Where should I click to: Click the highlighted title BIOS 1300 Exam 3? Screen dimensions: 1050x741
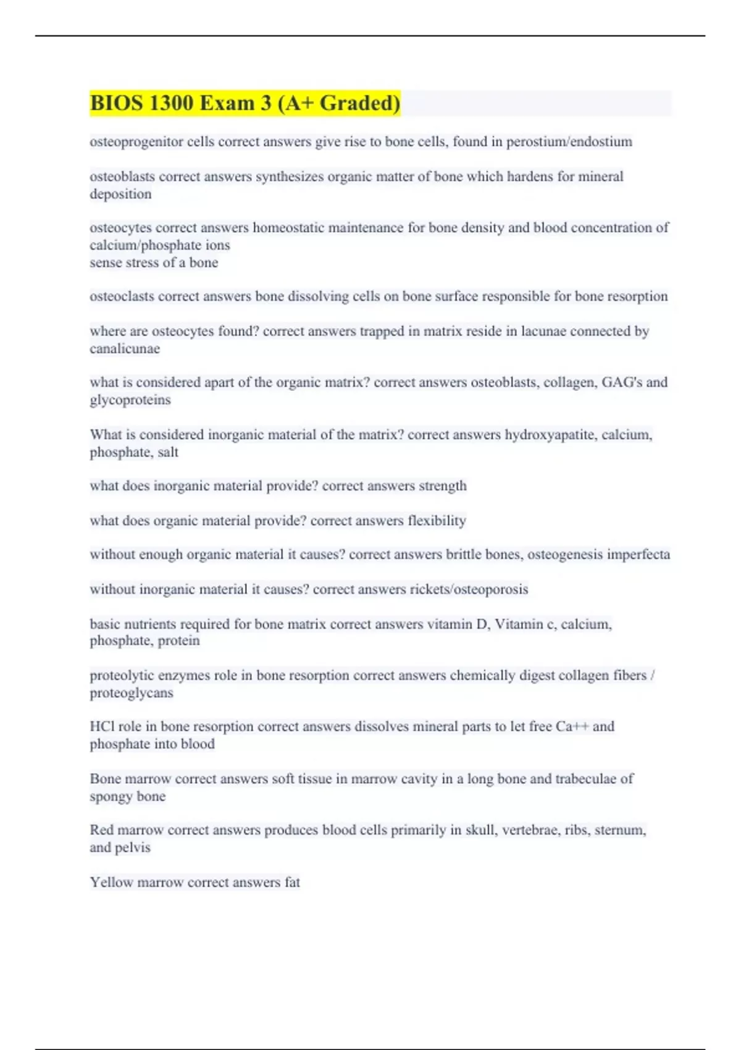click(x=245, y=103)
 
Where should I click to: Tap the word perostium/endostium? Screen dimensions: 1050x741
click(x=569, y=142)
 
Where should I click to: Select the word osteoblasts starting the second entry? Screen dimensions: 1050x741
click(x=122, y=177)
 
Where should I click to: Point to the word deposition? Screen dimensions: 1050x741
click(x=120, y=194)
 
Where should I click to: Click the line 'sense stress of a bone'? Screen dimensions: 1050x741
click(x=154, y=262)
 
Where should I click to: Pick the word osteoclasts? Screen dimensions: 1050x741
click(x=122, y=296)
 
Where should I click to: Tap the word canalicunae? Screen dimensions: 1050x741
click(x=125, y=349)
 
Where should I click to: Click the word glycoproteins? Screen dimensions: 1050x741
click(x=130, y=400)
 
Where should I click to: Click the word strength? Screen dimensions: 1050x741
click(x=442, y=486)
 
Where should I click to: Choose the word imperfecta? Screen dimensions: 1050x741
click(x=638, y=555)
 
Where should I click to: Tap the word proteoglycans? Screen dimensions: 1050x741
click(x=132, y=693)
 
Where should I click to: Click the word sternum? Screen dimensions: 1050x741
click(x=620, y=830)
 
